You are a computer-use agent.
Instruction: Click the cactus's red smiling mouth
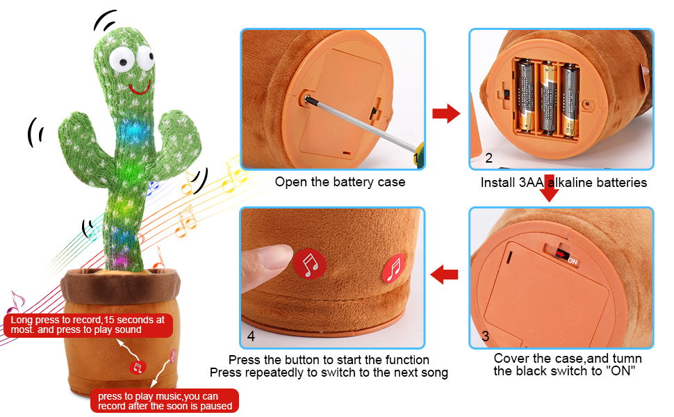click(x=140, y=90)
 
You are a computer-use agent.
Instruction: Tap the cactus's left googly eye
click(x=122, y=59)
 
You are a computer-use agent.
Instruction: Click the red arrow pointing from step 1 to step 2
click(x=446, y=113)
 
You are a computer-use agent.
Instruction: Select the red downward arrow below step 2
click(x=549, y=188)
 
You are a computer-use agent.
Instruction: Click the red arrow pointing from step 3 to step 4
click(x=444, y=275)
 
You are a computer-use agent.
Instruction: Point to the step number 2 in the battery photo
click(x=488, y=158)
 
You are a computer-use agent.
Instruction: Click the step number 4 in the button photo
click(x=251, y=336)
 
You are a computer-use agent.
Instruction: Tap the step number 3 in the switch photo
click(x=485, y=336)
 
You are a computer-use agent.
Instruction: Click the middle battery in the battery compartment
click(x=548, y=98)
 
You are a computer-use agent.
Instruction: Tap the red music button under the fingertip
click(x=309, y=264)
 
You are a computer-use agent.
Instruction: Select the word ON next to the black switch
click(x=573, y=261)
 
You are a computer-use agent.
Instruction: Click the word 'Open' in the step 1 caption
click(x=291, y=182)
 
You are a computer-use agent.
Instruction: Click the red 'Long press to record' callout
click(x=88, y=325)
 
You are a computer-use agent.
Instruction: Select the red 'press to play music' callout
click(x=165, y=400)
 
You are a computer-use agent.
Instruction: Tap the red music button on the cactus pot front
click(x=138, y=368)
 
